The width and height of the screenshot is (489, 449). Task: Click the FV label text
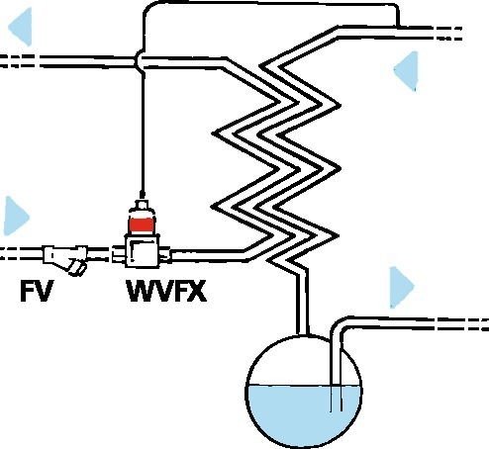37,291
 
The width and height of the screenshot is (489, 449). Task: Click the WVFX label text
166,291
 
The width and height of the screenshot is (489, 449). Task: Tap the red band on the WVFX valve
142,225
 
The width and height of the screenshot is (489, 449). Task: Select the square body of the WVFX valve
143,250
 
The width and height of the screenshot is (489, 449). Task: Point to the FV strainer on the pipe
65,258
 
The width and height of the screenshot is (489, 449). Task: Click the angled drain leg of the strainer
77,267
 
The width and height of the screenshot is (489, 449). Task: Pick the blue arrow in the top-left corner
20,27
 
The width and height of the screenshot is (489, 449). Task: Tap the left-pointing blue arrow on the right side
406,70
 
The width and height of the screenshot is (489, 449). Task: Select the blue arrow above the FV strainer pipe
17,216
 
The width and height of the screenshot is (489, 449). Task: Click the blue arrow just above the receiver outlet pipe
402,287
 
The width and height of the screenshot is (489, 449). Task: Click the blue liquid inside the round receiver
304,413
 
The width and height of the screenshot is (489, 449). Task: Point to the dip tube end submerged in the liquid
337,409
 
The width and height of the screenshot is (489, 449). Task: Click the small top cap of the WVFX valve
142,205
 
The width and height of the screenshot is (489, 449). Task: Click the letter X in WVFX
195,291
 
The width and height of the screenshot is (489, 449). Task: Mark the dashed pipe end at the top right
448,33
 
